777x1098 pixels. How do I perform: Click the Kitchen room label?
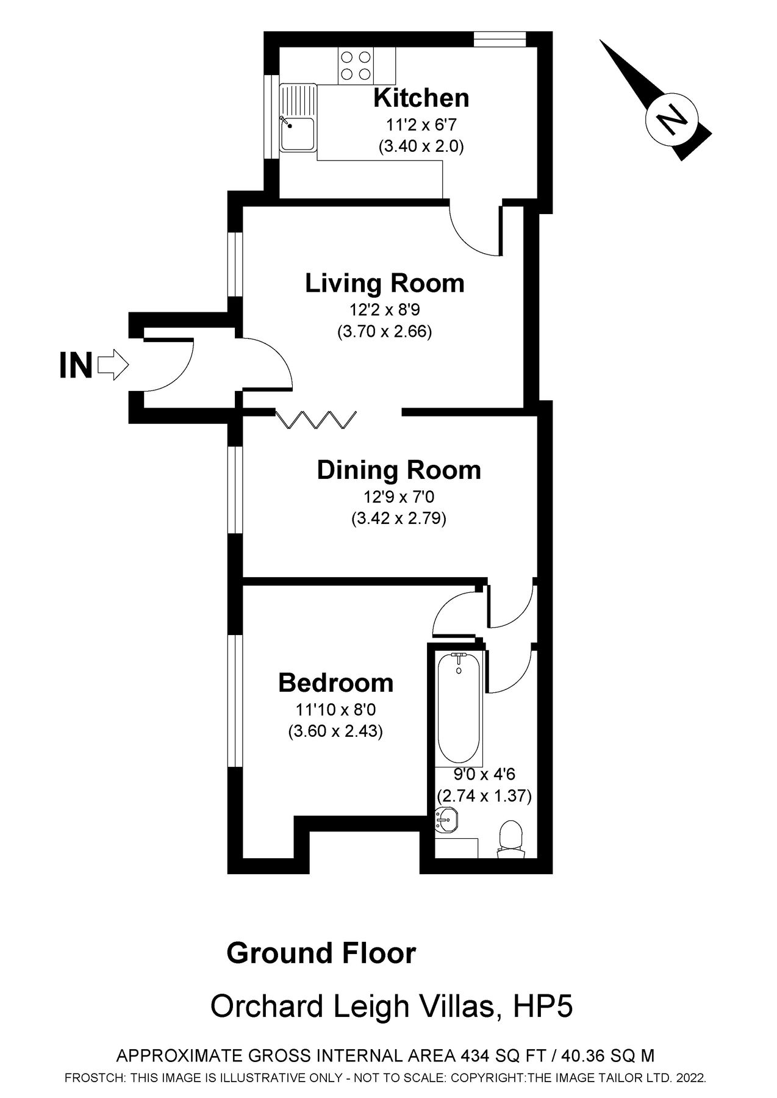click(421, 98)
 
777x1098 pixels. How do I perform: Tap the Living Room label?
click(384, 284)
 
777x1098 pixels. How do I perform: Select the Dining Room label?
click(399, 470)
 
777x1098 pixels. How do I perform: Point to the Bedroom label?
click(335, 683)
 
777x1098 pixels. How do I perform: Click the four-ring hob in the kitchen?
click(356, 66)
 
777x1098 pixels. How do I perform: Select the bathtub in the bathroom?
click(459, 708)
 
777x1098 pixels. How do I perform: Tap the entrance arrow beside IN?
click(113, 365)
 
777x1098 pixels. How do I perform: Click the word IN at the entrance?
click(76, 366)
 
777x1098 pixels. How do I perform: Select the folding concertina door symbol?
click(316, 420)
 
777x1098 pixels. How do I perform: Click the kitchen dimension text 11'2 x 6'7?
click(421, 125)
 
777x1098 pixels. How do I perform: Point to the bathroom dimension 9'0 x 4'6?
click(484, 775)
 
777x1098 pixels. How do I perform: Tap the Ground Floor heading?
click(321, 953)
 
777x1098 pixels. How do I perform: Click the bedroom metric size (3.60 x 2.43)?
click(335, 731)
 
